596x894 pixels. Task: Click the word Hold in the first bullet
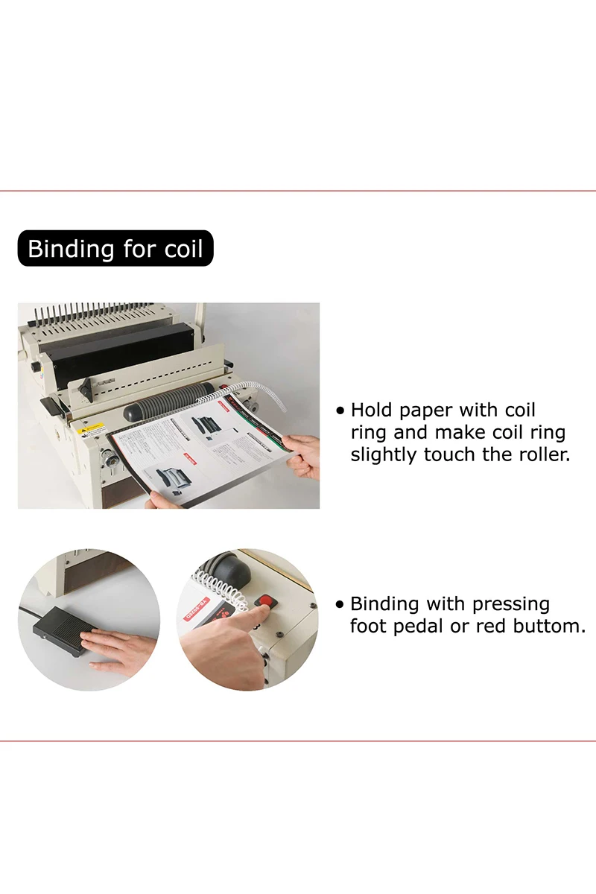[x=370, y=410]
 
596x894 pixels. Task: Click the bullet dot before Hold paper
[x=341, y=410]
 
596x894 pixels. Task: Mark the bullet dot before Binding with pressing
[x=340, y=604]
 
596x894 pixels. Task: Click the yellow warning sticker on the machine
[x=92, y=429]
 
